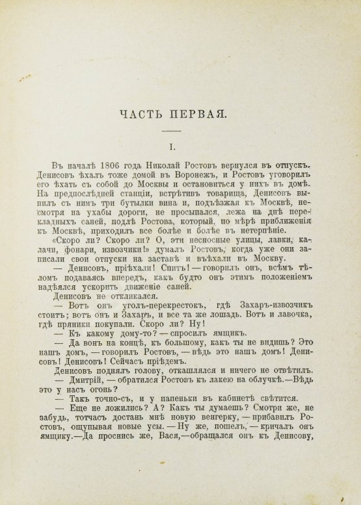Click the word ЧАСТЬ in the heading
[147, 116]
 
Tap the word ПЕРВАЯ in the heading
[199, 116]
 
